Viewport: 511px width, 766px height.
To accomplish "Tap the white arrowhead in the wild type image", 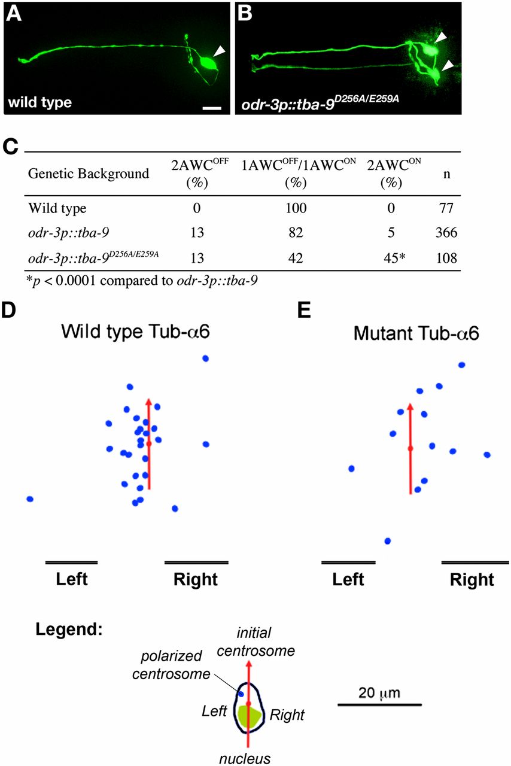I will tap(220, 53).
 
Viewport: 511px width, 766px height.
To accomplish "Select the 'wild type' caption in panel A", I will tap(39, 102).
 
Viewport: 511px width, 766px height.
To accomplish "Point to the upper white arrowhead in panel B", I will tap(440, 38).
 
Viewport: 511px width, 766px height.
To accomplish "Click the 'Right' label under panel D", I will tap(195, 579).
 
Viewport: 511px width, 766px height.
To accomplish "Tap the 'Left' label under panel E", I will tap(348, 579).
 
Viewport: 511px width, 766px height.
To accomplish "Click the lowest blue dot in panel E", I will tap(388, 541).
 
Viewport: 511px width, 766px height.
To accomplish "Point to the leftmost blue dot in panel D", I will tap(30, 498).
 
